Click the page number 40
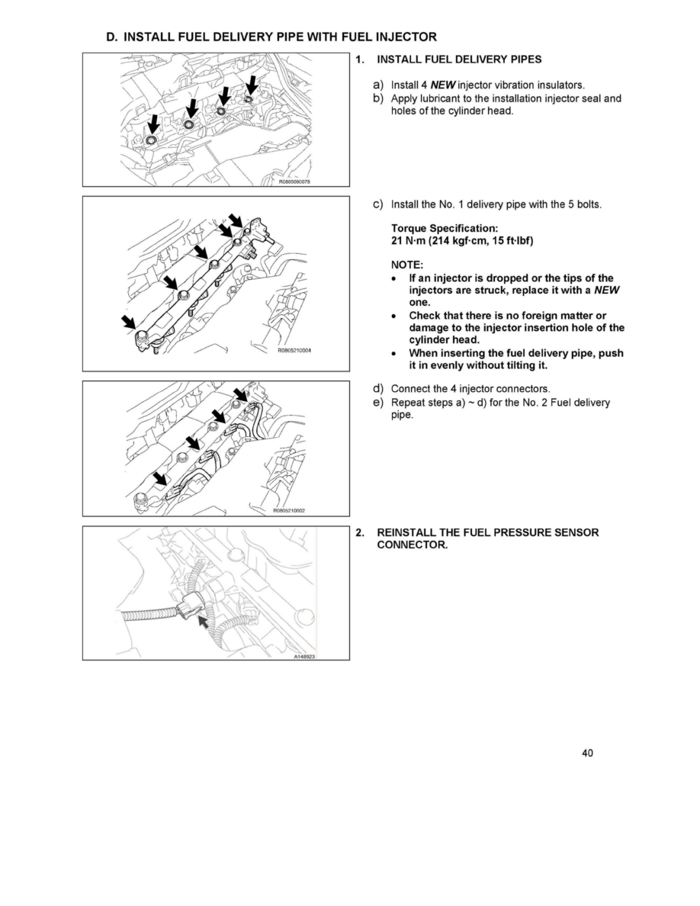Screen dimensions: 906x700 [587, 753]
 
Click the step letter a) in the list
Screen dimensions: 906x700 [377, 84]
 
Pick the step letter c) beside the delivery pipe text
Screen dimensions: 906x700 [377, 205]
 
